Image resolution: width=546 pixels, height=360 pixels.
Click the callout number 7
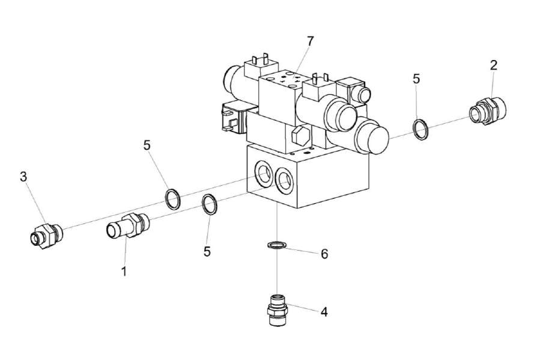coord(310,41)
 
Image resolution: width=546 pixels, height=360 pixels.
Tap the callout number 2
coord(493,66)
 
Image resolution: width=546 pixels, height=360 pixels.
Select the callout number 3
coord(23,177)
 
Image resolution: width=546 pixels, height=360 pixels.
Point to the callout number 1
coord(124,272)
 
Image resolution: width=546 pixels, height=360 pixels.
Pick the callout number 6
coord(324,254)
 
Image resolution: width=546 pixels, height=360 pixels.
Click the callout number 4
coord(324,312)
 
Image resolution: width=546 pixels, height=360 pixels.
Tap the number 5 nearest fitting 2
coord(416,79)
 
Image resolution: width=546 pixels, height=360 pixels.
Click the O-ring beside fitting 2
coord(421,129)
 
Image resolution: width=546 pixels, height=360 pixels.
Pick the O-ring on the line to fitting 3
coord(172,199)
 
